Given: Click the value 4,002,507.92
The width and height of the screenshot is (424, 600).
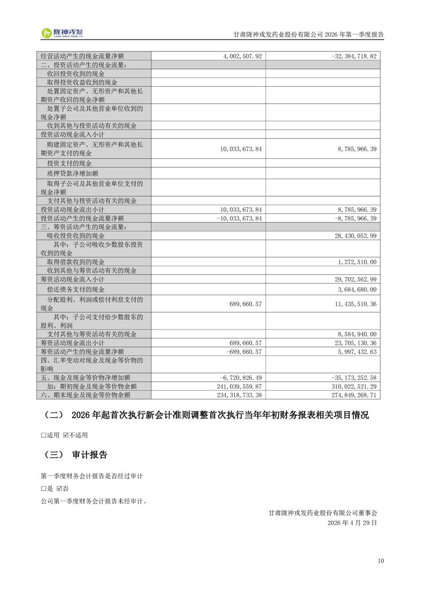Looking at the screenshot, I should (240, 56).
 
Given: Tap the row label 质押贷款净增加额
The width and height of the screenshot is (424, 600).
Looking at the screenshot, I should (72, 173).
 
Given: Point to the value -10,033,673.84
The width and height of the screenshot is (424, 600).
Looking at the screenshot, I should (239, 218).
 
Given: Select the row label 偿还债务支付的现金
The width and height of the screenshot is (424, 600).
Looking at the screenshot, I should (76, 289).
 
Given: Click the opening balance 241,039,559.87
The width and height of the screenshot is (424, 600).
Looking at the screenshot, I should (239, 386).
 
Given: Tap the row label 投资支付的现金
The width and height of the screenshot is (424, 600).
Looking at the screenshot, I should (69, 163).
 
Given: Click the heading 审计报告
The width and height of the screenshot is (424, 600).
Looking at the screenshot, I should (89, 455).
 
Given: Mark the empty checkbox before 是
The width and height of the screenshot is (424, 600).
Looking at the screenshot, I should (43, 489).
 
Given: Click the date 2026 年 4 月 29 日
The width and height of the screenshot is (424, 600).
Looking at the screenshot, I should (352, 523).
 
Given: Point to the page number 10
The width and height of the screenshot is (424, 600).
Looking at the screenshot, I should (380, 560).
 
